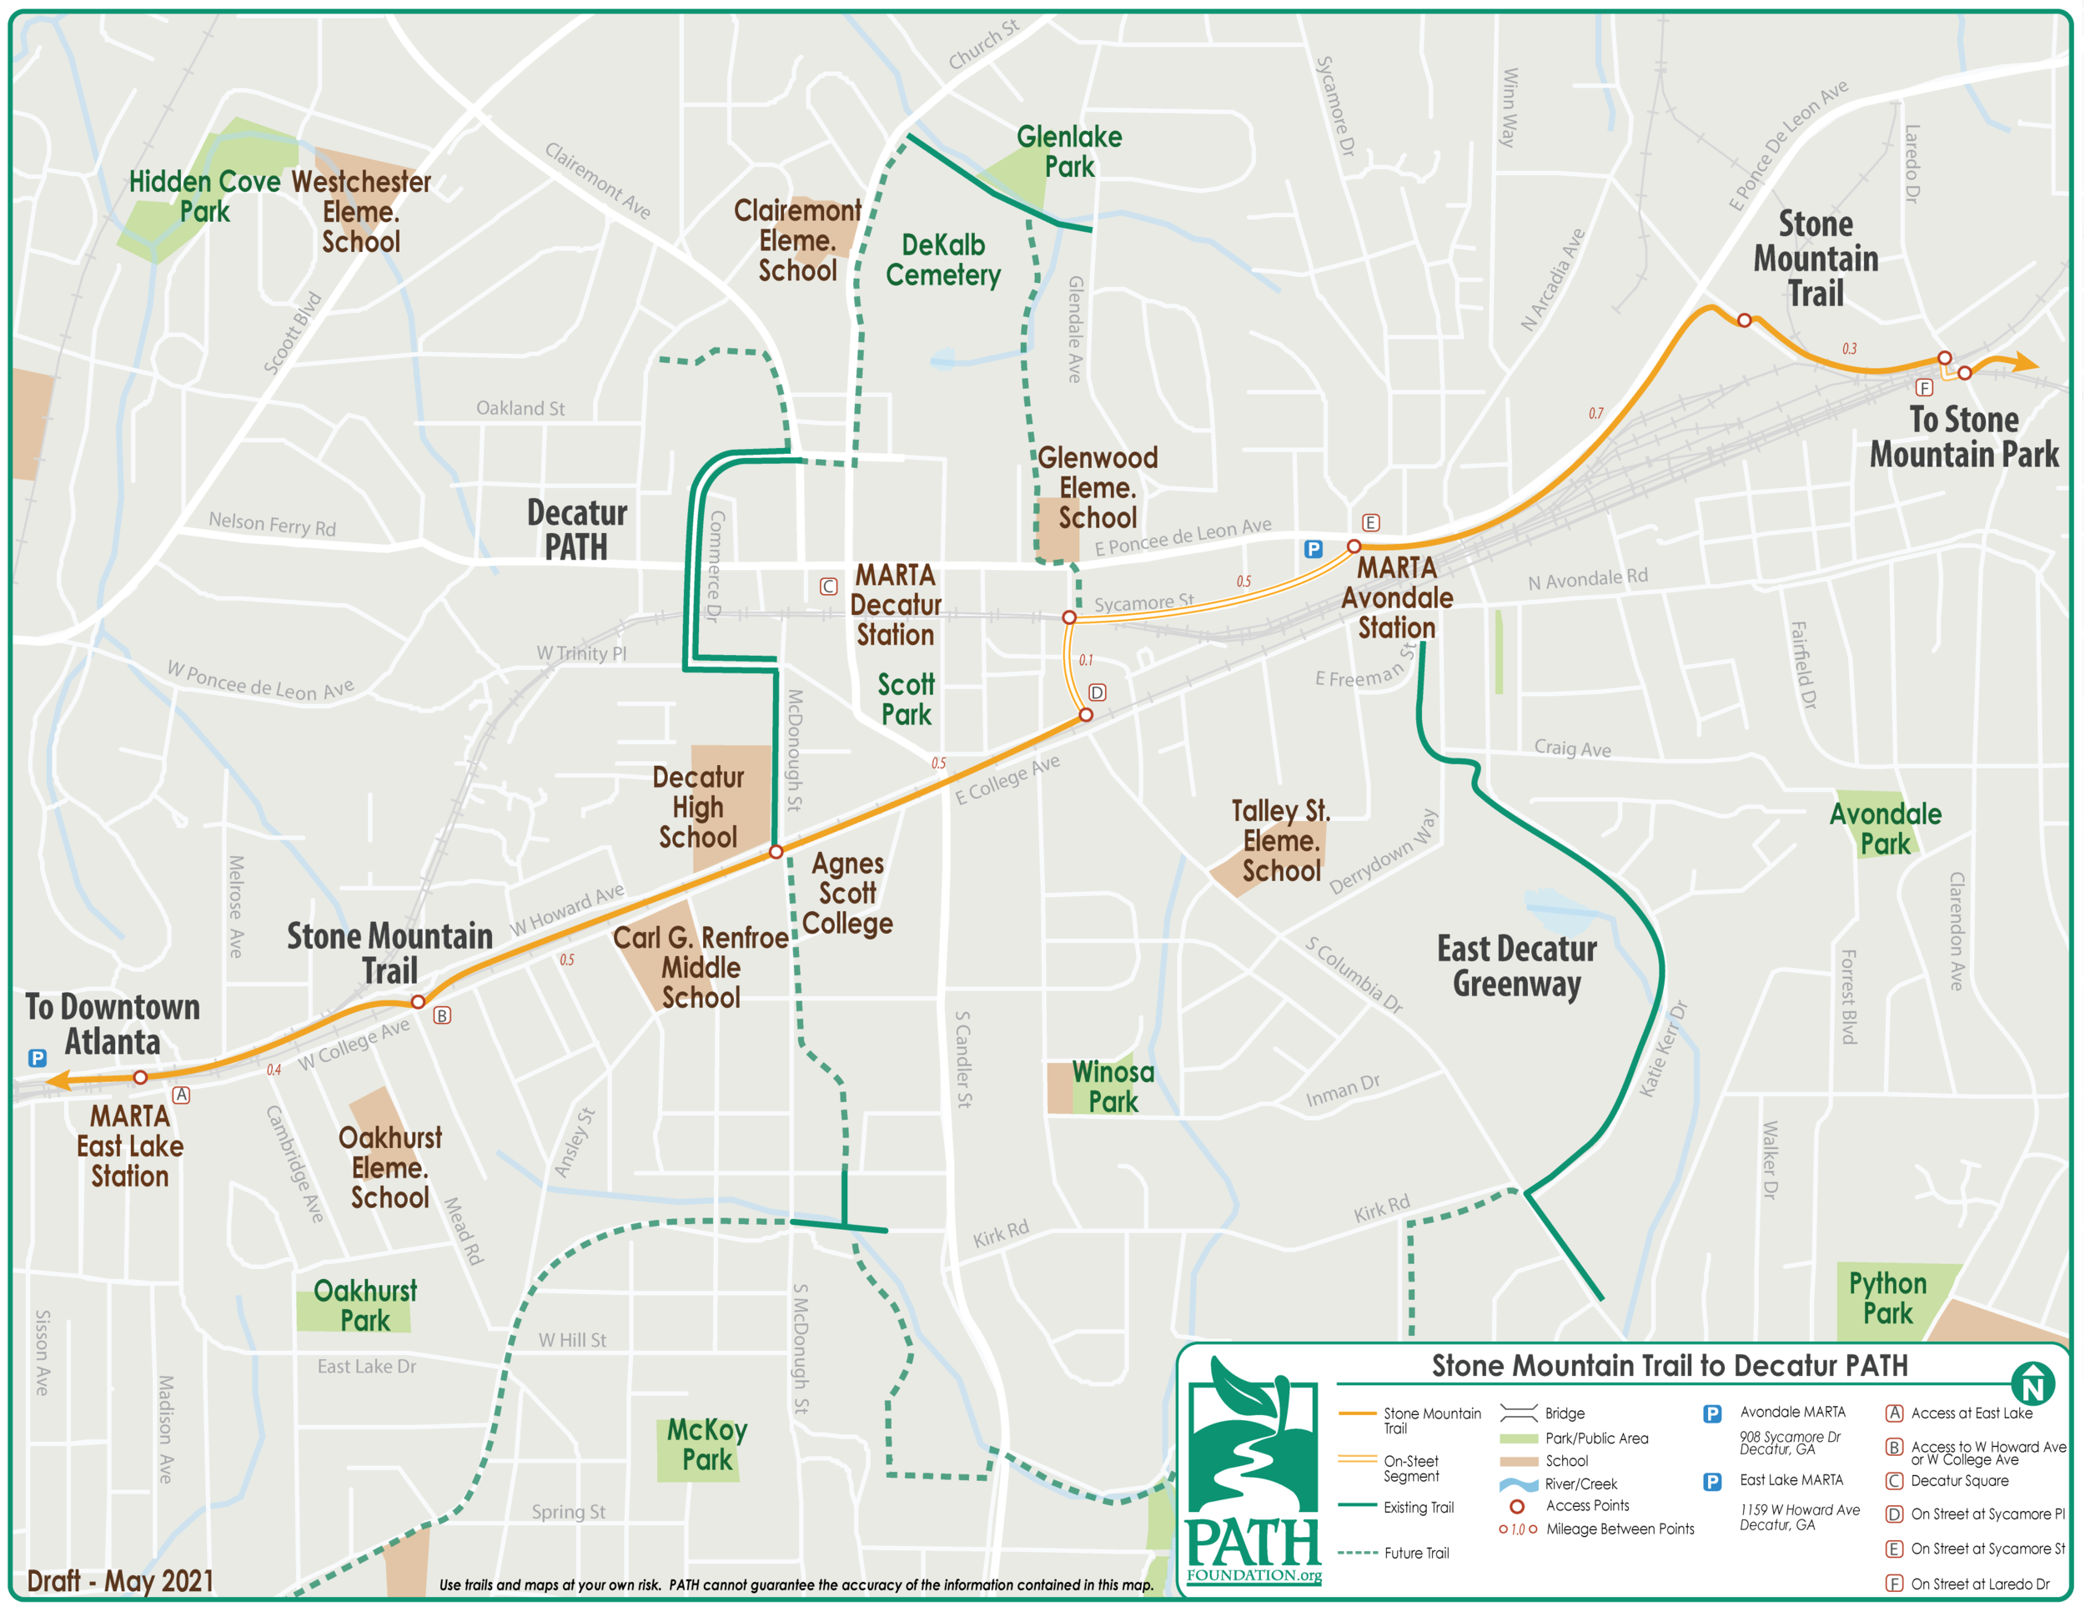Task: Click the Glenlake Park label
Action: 1068,151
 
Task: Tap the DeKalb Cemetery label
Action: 942,259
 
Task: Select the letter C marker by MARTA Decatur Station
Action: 827,587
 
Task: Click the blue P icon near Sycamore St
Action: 1313,549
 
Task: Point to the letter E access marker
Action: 1370,522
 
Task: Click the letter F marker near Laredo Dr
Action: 1924,386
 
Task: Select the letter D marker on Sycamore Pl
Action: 1097,693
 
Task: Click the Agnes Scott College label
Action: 847,893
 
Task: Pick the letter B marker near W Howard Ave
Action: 442,1015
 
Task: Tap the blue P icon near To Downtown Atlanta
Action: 38,1058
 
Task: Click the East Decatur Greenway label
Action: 1516,965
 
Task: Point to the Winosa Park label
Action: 1113,1086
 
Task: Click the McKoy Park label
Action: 706,1443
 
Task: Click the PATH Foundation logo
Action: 1253,1470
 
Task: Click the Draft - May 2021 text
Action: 119,1580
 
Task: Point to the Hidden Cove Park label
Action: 204,196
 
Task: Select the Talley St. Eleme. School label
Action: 1280,840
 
